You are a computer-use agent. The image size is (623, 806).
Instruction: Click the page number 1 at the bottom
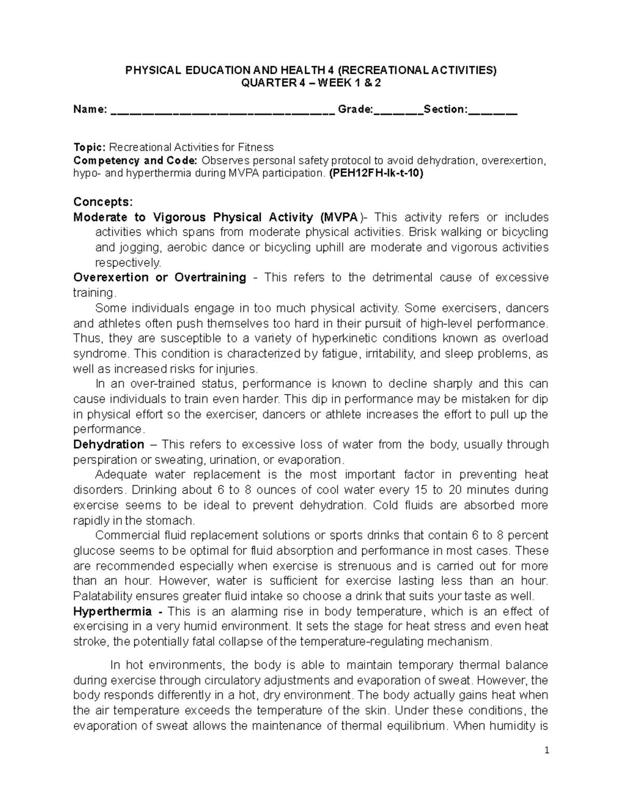point(547,750)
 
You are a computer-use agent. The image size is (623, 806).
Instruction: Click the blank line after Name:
point(222,111)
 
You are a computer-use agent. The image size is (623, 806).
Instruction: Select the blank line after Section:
point(493,111)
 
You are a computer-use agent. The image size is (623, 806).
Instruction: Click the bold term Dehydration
point(109,444)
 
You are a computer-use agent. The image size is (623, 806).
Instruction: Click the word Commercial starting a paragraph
point(125,535)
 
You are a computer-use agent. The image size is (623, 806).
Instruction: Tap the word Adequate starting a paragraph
point(118,474)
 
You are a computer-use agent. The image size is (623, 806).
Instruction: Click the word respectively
point(128,262)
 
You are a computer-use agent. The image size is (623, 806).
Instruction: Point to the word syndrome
point(100,354)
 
